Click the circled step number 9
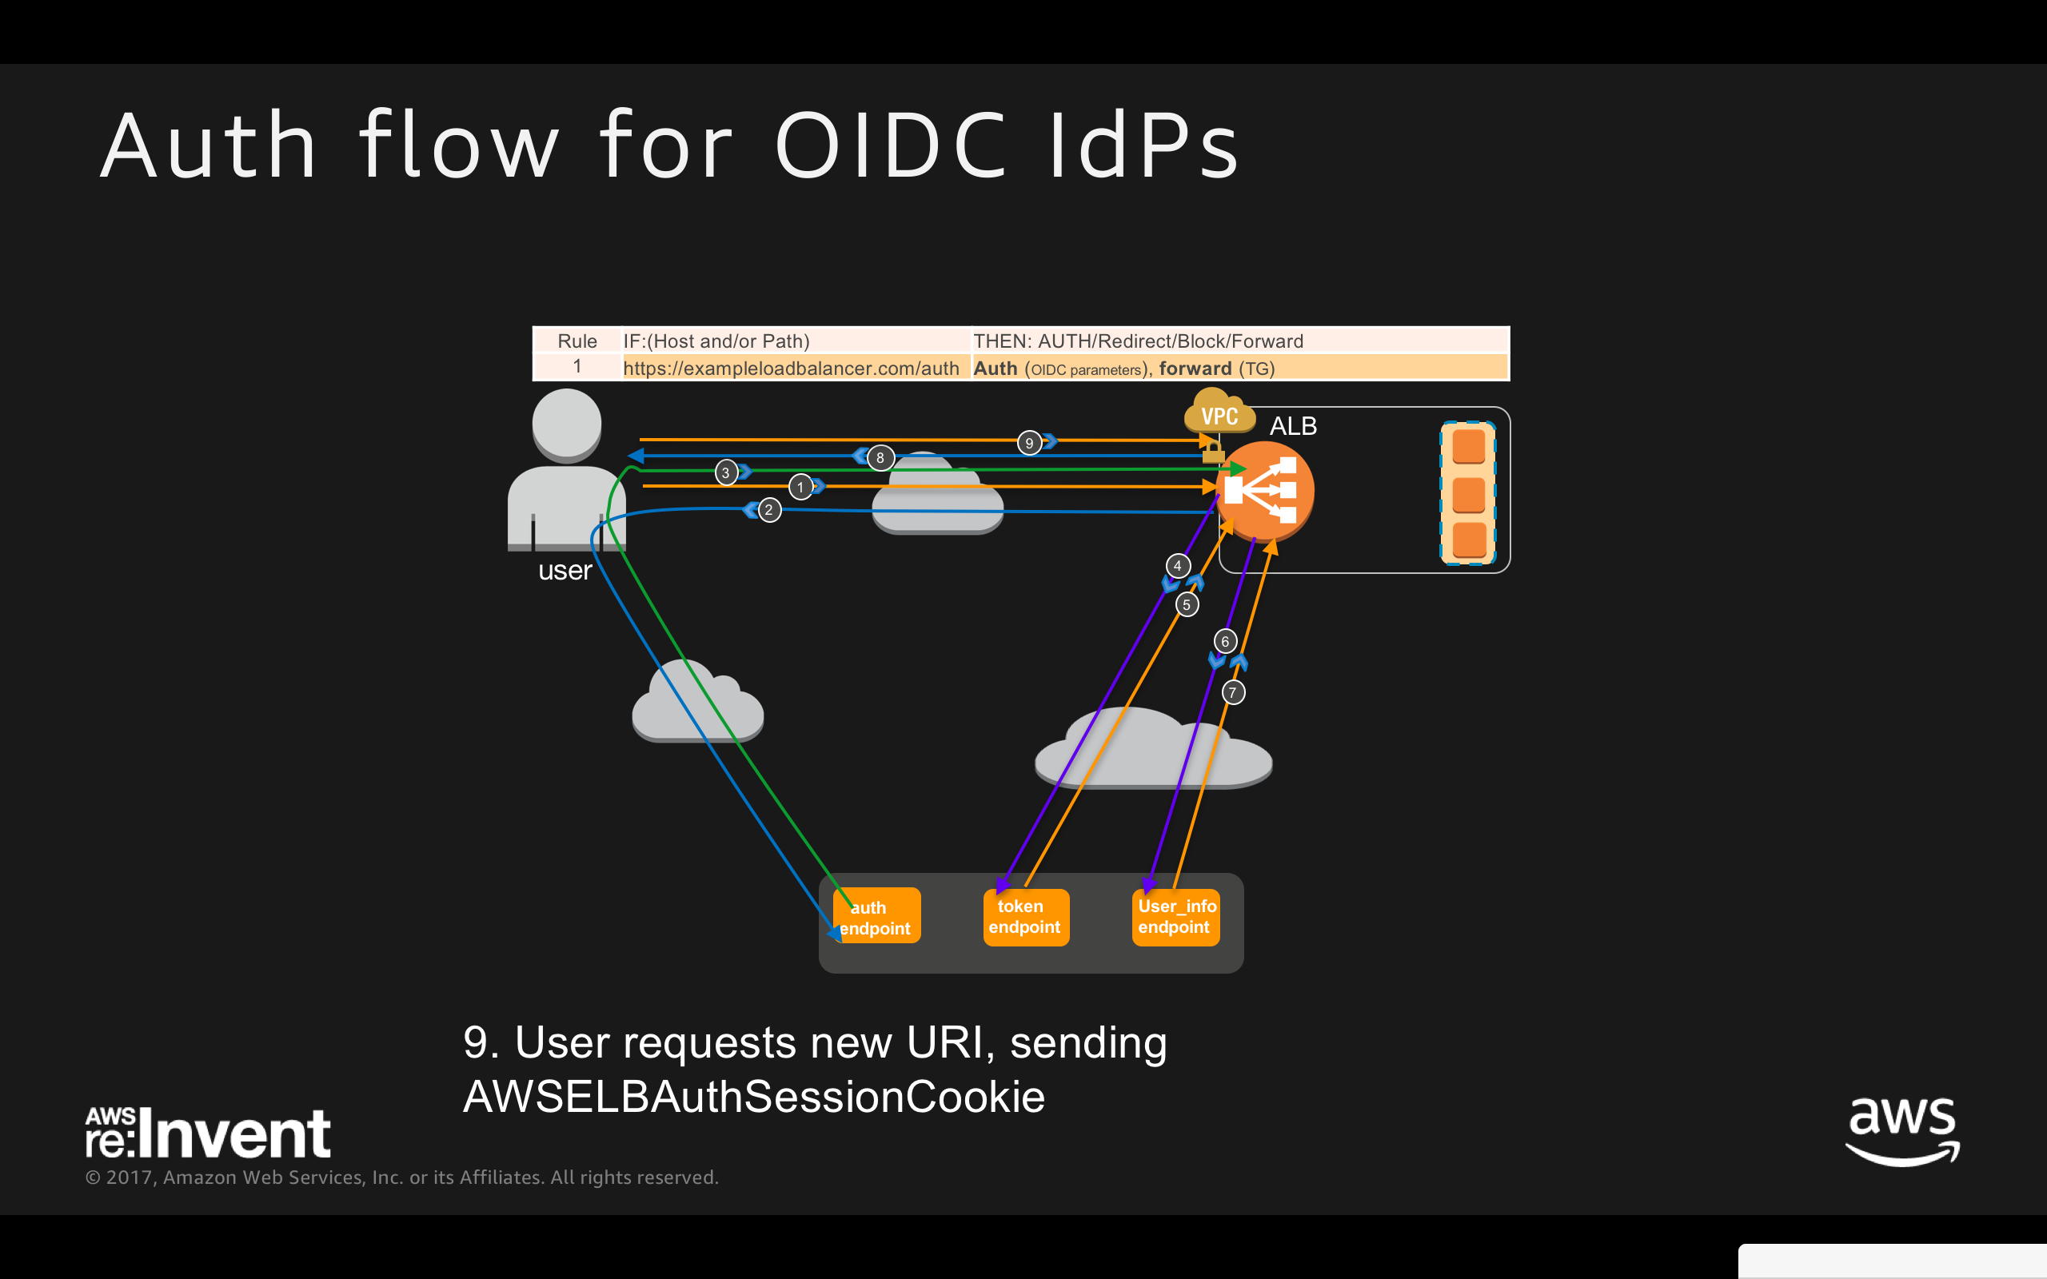pos(1028,442)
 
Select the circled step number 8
pos(880,457)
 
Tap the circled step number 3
pos(726,472)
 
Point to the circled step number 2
pos(769,510)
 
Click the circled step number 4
pos(1178,566)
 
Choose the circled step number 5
pos(1187,605)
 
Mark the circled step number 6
pos(1225,641)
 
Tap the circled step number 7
pos(1233,693)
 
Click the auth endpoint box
pos(876,917)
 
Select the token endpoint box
pos(1025,917)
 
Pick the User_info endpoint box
pos(1175,917)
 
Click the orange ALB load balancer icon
pos(1264,491)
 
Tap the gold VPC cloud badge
pos(1219,412)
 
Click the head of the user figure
pos(567,423)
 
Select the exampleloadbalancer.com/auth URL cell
pos(791,369)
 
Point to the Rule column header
pos(577,341)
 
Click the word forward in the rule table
pos(1195,369)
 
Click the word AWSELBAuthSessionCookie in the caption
pos(754,1097)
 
